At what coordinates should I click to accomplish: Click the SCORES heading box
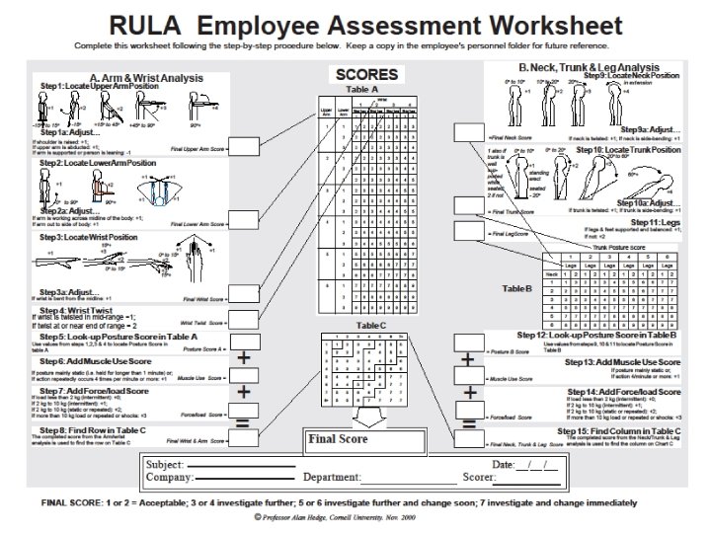click(x=366, y=75)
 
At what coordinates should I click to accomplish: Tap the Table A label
click(x=366, y=90)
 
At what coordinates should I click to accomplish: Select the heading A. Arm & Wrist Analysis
click(x=146, y=78)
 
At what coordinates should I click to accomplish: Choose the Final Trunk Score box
click(x=469, y=205)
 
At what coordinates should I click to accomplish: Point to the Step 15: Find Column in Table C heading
click(x=619, y=430)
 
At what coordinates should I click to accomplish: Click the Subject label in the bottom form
click(x=164, y=463)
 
